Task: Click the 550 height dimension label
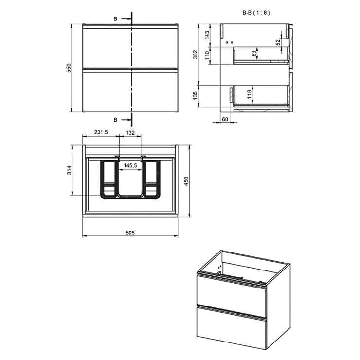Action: pos(69,68)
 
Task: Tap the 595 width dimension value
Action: pos(130,233)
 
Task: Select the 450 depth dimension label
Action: pos(186,181)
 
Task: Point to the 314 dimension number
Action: pos(69,170)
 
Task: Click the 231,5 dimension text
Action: pos(101,132)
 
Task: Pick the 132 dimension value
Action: pos(130,133)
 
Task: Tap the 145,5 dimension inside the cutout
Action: pos(130,165)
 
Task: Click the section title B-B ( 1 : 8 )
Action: pos(256,13)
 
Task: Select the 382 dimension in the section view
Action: pos(195,54)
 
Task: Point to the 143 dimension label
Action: pos(207,35)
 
